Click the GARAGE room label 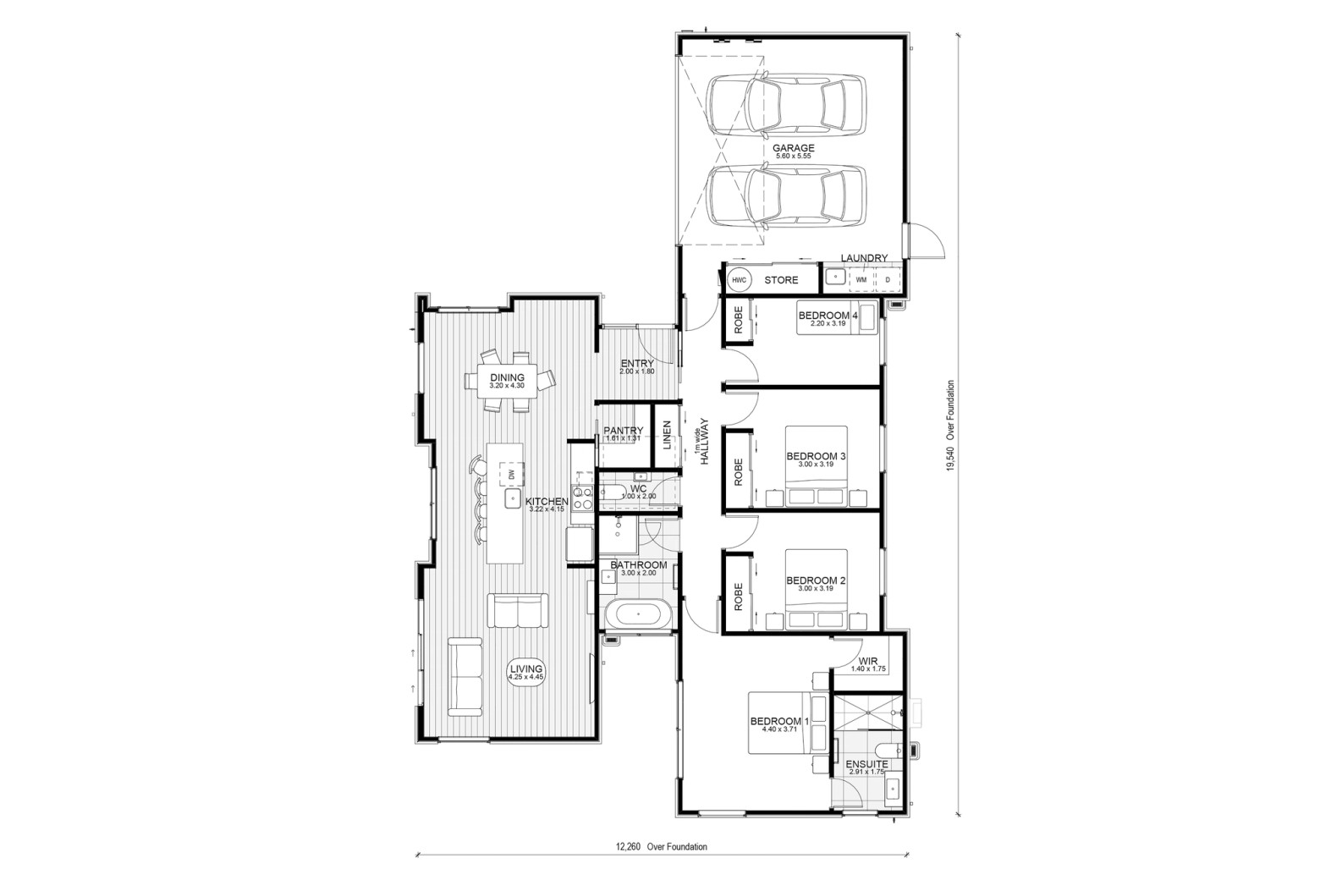tap(793, 148)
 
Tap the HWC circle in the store tap(739, 280)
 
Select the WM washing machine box tap(861, 279)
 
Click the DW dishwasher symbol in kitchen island tap(511, 474)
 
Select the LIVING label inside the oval tap(526, 669)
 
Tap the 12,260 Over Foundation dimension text tap(661, 847)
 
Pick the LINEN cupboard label tap(667, 434)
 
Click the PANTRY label tap(624, 431)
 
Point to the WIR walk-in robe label tap(868, 662)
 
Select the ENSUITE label tap(866, 764)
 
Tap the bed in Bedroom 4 tap(837, 317)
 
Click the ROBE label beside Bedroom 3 tap(739, 472)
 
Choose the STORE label tap(781, 280)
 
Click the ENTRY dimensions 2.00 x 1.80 tap(637, 371)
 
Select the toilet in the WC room tap(613, 492)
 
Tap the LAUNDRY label tap(864, 257)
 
